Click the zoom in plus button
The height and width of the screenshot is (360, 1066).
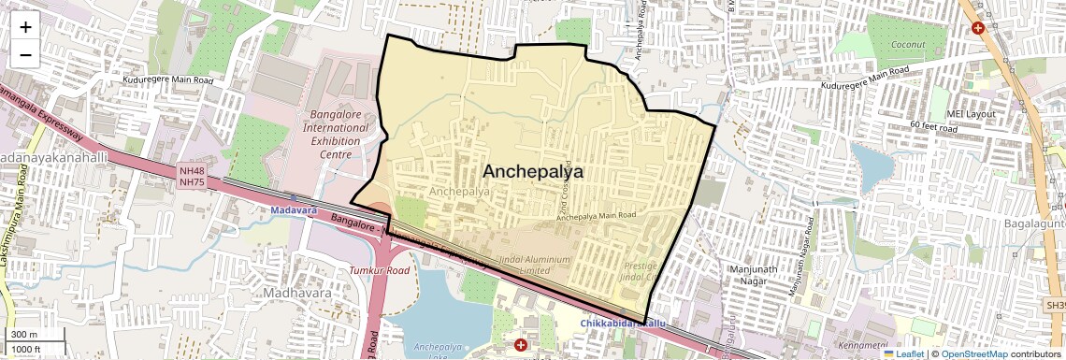tap(25, 26)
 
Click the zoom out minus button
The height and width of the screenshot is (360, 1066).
tap(25, 54)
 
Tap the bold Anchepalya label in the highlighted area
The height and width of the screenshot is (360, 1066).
tap(532, 172)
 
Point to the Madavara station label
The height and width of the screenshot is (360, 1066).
tap(294, 211)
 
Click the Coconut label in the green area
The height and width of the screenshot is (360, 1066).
tap(907, 44)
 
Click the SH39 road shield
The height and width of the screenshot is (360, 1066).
tap(1055, 306)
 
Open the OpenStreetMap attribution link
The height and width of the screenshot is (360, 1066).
tap(973, 353)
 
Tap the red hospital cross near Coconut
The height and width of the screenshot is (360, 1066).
tap(978, 28)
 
